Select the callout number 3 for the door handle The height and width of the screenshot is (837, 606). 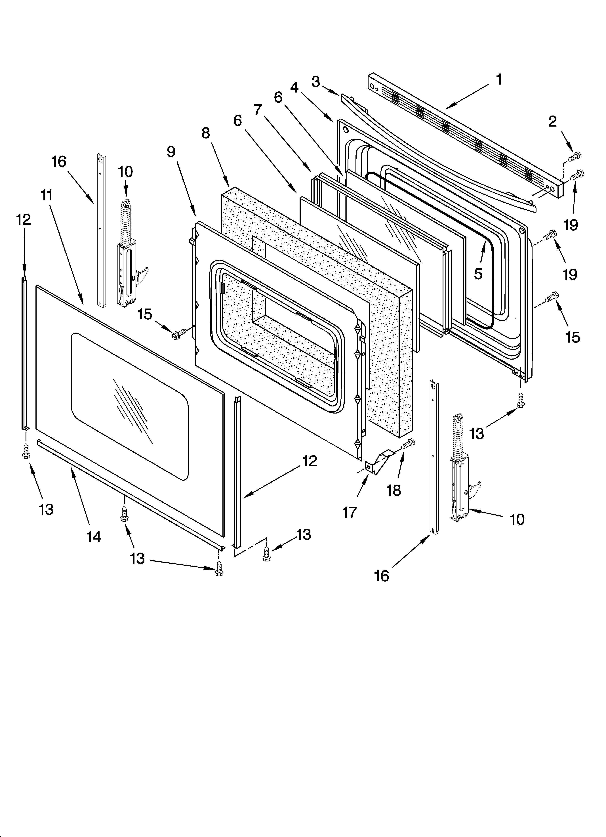(315, 82)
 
